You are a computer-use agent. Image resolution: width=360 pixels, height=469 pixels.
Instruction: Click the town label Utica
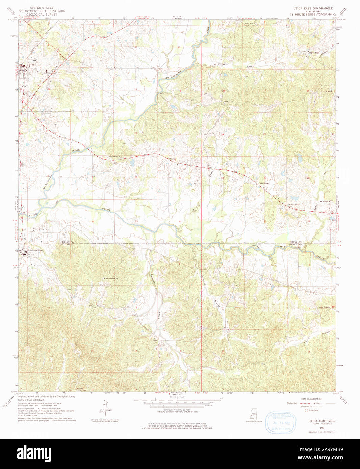[x=32, y=64]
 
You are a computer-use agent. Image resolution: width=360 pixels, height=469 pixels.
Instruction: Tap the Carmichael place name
[x=264, y=183]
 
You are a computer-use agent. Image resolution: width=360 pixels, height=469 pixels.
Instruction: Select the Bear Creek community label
[x=294, y=205]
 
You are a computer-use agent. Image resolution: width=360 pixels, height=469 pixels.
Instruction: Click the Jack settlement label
[x=155, y=340]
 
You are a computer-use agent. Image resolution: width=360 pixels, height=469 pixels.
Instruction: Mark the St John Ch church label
[x=229, y=102]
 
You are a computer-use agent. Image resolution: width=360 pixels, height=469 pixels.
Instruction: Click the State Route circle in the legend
[x=307, y=411]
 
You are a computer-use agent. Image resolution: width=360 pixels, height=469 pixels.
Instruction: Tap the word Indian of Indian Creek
[x=216, y=64]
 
